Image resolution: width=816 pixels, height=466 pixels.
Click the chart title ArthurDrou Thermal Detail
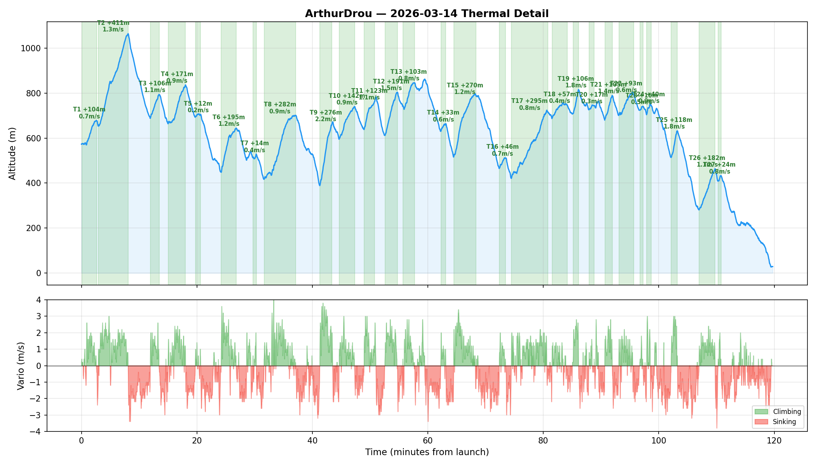(427, 14)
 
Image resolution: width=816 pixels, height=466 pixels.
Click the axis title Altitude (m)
(12, 153)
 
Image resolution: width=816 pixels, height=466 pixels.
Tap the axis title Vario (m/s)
(21, 366)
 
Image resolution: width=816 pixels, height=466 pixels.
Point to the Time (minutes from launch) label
(427, 452)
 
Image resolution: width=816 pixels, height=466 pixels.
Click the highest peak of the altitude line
(128, 34)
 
